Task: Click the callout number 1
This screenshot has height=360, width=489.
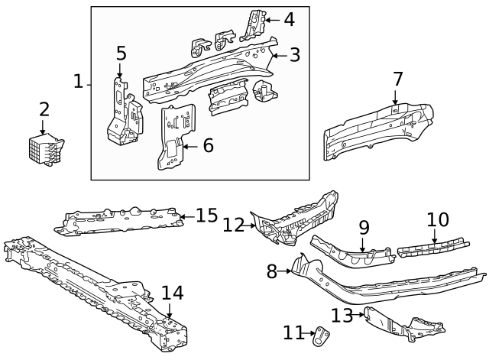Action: coord(79,81)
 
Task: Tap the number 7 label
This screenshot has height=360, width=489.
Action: coord(397,79)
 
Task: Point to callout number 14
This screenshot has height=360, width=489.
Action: coord(172,293)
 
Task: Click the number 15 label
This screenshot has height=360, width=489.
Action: coord(206,216)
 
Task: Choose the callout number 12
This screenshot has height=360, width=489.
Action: coord(233,225)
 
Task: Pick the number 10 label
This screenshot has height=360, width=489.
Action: coord(437,220)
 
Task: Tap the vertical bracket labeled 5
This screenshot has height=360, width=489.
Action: coord(122,115)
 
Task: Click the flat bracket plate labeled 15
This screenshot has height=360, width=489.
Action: coord(122,220)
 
